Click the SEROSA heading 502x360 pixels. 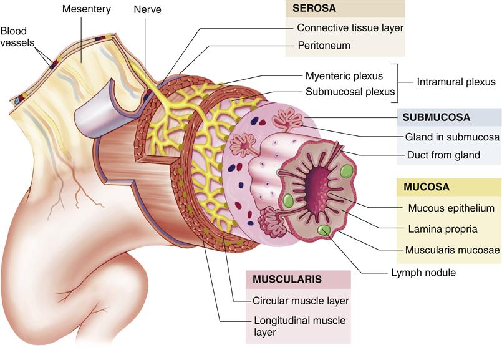[x=314, y=8]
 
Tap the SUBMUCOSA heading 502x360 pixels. [x=437, y=117]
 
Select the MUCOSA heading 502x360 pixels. [x=427, y=187]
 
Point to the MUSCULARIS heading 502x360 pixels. [x=287, y=279]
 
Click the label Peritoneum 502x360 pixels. [x=324, y=45]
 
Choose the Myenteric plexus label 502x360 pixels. [x=344, y=76]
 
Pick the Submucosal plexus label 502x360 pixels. [x=350, y=92]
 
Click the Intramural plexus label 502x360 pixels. [x=456, y=82]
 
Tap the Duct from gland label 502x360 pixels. [x=443, y=155]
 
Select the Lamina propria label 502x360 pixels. [x=443, y=229]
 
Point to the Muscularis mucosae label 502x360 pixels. [x=452, y=250]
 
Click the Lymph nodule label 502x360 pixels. [x=423, y=273]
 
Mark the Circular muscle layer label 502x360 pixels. [x=301, y=301]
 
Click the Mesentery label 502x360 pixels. [x=87, y=9]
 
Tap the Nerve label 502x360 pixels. [x=147, y=9]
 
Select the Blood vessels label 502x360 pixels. [x=17, y=37]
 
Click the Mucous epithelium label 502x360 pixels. [x=451, y=208]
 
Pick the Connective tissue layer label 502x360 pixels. [x=350, y=28]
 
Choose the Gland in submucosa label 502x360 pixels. [x=452, y=137]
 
